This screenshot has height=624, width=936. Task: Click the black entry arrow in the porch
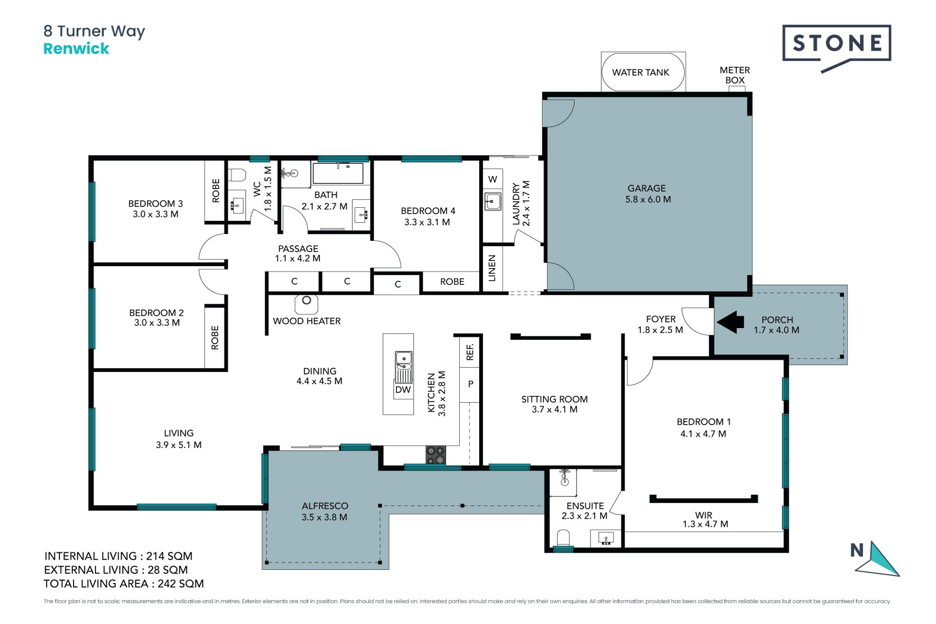click(x=730, y=322)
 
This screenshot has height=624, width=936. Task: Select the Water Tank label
click(x=641, y=73)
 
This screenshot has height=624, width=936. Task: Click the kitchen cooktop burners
click(x=436, y=455)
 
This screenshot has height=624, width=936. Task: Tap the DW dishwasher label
click(x=403, y=390)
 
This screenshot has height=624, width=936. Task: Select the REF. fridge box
click(x=469, y=351)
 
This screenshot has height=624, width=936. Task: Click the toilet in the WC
click(x=237, y=175)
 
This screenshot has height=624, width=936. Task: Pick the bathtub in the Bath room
click(x=338, y=173)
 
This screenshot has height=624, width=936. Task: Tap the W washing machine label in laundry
click(x=493, y=179)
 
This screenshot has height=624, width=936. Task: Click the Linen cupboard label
click(x=492, y=268)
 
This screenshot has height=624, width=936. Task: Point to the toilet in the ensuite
click(x=563, y=539)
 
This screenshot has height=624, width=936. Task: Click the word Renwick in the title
click(x=77, y=49)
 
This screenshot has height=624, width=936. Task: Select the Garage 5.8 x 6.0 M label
click(x=648, y=194)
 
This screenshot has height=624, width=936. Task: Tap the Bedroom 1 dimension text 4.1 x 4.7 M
click(x=703, y=434)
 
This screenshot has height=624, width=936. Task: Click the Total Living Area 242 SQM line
click(x=124, y=584)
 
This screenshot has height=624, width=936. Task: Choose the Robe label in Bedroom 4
click(x=452, y=282)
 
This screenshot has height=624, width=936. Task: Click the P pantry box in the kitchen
click(x=470, y=384)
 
